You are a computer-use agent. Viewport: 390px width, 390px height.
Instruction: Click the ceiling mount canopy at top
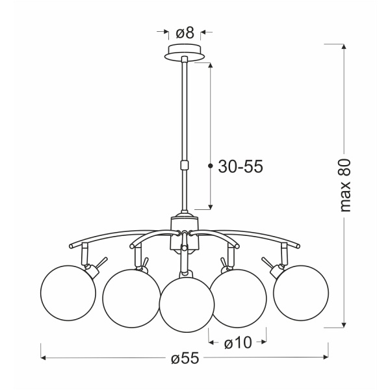pyautogui.click(x=186, y=51)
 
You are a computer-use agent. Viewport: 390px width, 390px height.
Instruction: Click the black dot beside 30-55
pyautogui.click(x=210, y=167)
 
